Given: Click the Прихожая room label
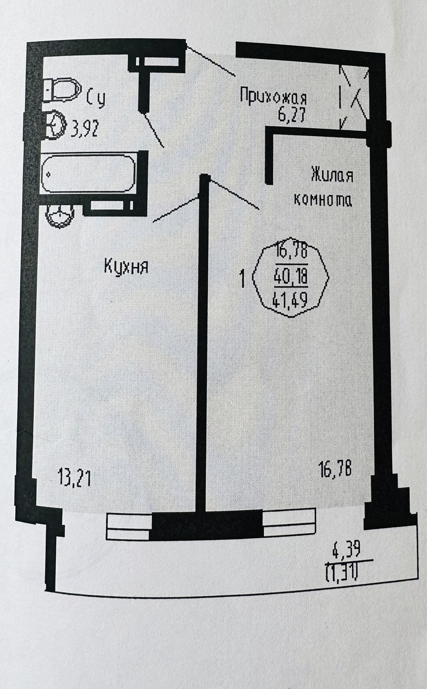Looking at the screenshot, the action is point(273,97).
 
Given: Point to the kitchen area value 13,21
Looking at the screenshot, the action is point(74,477).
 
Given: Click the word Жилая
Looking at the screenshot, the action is point(332,175).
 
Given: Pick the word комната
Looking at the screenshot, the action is point(323,200).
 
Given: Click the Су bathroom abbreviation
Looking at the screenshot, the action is point(96,97).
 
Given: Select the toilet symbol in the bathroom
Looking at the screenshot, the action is point(62,90).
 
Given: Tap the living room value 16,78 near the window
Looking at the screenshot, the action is point(335,469).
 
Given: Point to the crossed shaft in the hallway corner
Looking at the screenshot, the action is point(354,97).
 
